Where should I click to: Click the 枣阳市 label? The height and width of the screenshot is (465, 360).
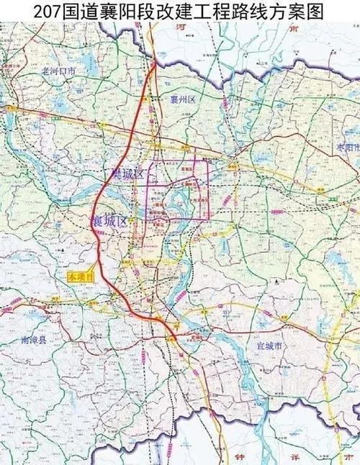[x=349, y=146]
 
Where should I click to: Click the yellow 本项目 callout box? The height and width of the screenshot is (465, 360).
[x=80, y=275]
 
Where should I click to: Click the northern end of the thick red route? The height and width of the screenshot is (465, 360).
[x=156, y=63]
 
